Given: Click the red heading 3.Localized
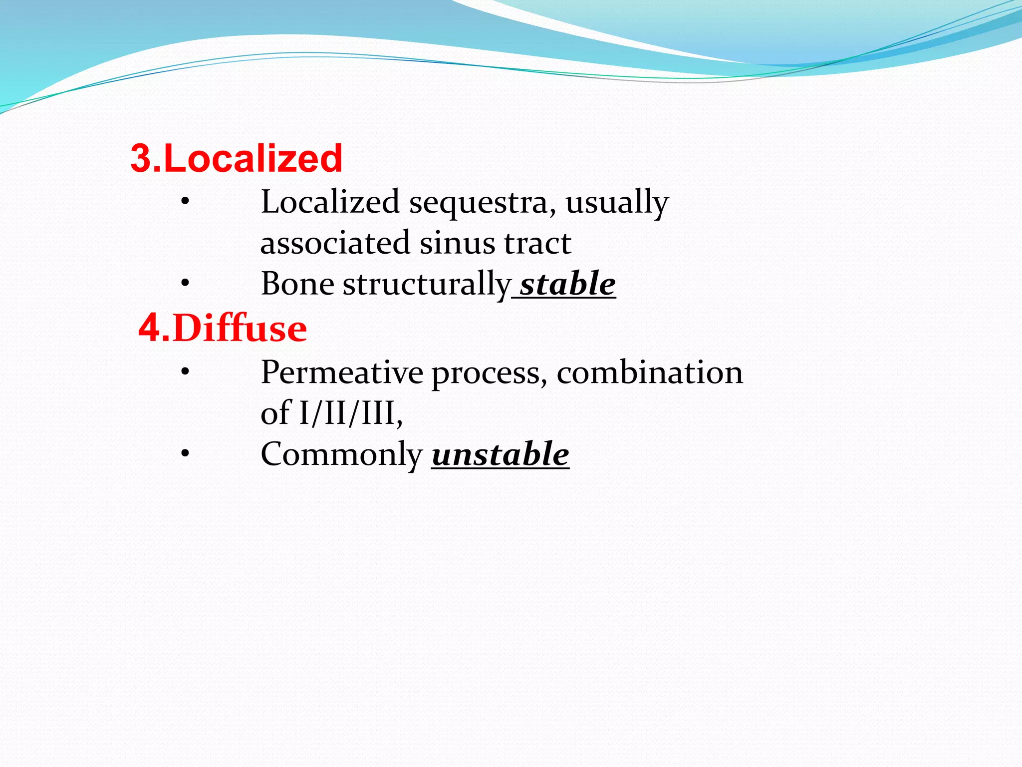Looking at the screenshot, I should pos(236,158).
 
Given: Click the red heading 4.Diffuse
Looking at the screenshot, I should pos(223,329).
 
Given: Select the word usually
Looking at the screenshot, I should pos(616,203).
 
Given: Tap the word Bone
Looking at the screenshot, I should pos(297,284).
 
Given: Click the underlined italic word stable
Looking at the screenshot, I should pos(567,284).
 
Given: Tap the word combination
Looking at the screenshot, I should pos(649,373).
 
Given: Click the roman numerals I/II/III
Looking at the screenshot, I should pos(350,413).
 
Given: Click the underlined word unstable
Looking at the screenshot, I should pos(500,454).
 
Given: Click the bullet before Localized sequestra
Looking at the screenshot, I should pos(185,202).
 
